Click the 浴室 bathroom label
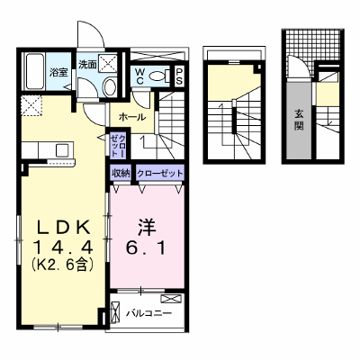(x=58, y=72)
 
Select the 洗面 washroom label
(x=87, y=64)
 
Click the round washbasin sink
(x=110, y=86)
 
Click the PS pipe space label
(x=179, y=76)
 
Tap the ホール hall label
(x=132, y=117)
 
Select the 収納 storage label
(x=120, y=174)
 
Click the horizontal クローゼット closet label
(x=159, y=174)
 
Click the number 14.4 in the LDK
(x=63, y=247)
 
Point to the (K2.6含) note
(x=63, y=265)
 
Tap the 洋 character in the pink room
(x=147, y=228)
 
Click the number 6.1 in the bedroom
(x=146, y=247)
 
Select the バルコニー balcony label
(x=148, y=313)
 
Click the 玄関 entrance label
(x=299, y=120)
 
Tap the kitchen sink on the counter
(x=63, y=149)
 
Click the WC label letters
(x=139, y=76)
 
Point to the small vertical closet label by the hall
(x=118, y=146)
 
